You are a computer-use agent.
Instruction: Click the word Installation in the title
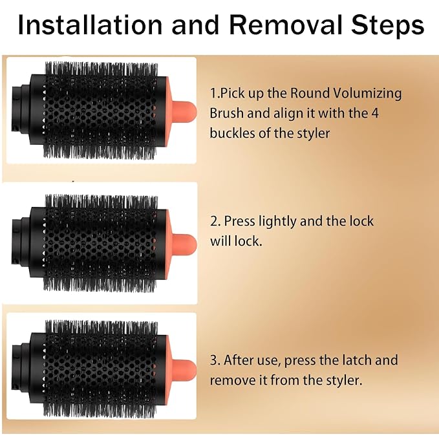coord(90,25)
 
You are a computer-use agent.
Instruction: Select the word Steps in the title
coord(388,25)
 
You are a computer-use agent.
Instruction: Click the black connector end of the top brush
coord(20,109)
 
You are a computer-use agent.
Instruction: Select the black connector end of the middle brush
coord(20,241)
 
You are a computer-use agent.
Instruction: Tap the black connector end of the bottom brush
coord(20,367)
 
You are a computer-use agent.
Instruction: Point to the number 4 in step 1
coord(375,113)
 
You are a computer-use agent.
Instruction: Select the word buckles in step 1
coord(233,133)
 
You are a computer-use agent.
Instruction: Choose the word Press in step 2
coord(240,221)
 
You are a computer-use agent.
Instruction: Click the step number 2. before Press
coord(215,222)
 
